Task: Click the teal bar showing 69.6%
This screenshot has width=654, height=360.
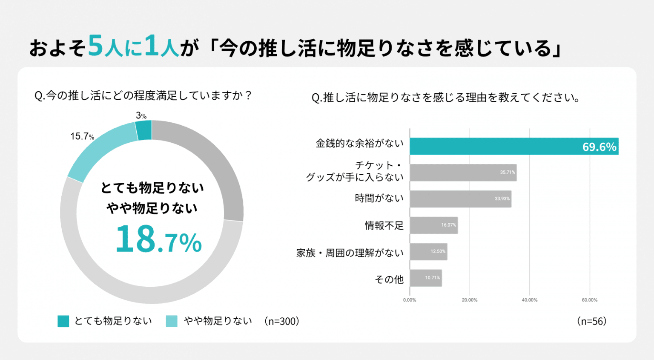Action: click(x=514, y=146)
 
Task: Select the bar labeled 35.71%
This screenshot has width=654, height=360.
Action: click(x=463, y=173)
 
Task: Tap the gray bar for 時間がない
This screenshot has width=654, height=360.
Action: click(x=461, y=199)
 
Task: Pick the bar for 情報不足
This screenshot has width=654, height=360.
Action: click(x=434, y=225)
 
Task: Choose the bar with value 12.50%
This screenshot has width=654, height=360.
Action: click(x=429, y=252)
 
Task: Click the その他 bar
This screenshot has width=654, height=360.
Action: click(x=426, y=278)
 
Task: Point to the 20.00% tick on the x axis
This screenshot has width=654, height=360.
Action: click(x=470, y=300)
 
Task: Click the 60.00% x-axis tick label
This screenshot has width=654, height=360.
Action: click(x=589, y=300)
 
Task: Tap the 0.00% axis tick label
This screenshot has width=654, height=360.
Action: click(x=410, y=300)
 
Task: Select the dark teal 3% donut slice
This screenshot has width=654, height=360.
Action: click(x=143, y=130)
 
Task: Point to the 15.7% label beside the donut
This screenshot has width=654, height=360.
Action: click(x=82, y=136)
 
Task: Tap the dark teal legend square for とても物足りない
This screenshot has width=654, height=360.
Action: click(x=63, y=321)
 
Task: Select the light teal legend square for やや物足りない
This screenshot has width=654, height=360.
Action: click(x=172, y=321)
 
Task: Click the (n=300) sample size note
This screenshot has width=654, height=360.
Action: click(x=282, y=321)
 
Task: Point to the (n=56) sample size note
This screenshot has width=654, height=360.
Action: click(x=592, y=321)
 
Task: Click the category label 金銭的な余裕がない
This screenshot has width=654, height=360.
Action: click(x=360, y=143)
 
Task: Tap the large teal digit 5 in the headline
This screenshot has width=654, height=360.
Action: click(x=96, y=45)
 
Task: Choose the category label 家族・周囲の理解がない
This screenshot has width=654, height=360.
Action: click(x=350, y=253)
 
